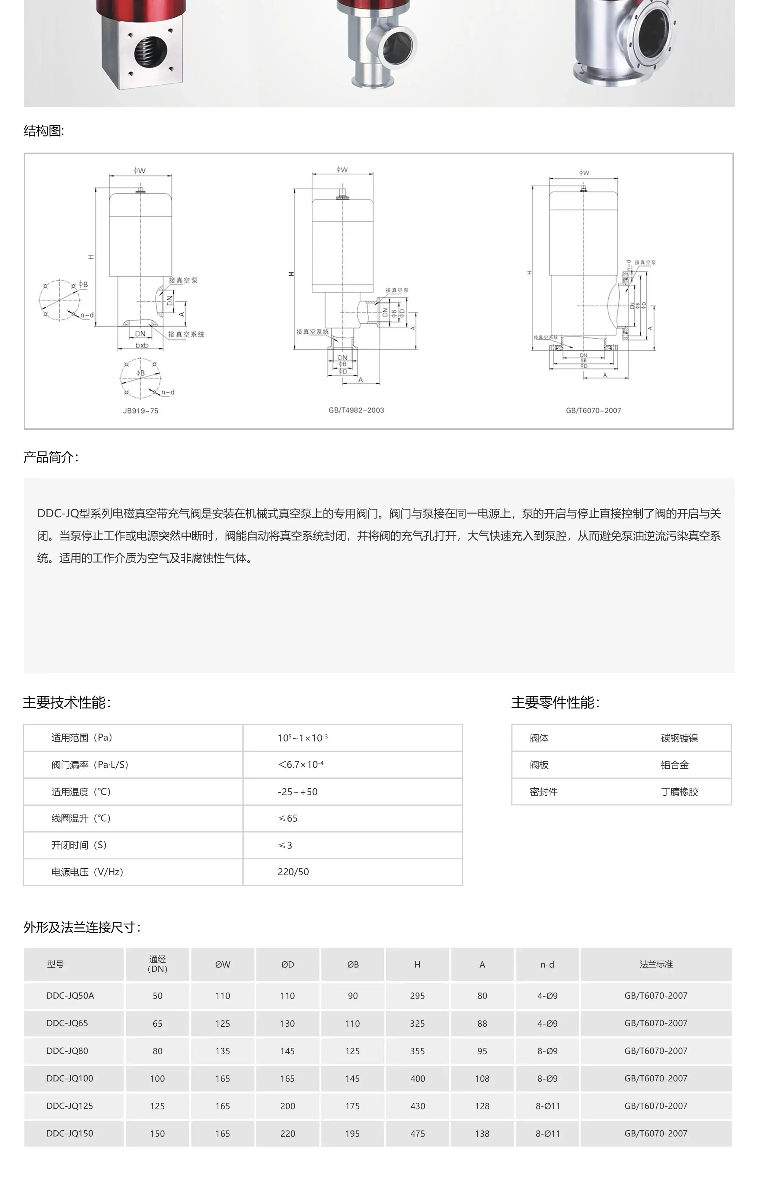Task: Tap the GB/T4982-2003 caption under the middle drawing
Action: (x=356, y=410)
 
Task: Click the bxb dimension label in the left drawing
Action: (x=142, y=345)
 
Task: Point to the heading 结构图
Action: (x=44, y=131)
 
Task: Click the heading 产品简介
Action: (x=50, y=457)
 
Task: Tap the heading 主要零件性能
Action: (x=555, y=702)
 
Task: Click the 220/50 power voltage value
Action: (x=293, y=872)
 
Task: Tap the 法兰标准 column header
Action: (x=656, y=964)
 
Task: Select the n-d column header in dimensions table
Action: (x=547, y=964)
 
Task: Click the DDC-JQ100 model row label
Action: (x=70, y=1078)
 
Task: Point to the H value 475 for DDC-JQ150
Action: (x=417, y=1133)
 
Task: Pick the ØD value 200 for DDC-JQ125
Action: (x=287, y=1106)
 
